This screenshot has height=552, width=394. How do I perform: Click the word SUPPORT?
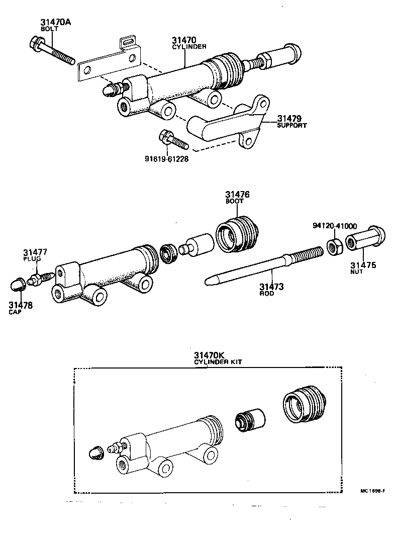click(x=291, y=125)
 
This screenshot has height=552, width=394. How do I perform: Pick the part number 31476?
click(x=237, y=194)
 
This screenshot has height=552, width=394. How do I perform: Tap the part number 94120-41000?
click(x=334, y=226)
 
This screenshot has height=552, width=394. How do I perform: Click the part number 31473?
click(x=271, y=287)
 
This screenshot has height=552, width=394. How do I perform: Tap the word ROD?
click(x=267, y=294)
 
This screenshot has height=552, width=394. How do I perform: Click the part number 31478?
click(x=20, y=305)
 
